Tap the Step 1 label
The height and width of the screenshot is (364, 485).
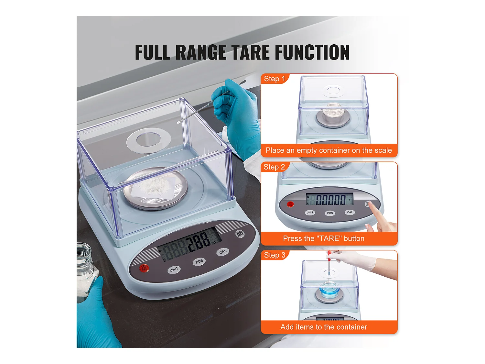274,79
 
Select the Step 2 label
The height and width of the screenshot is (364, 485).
274,167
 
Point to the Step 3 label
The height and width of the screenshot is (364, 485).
275,255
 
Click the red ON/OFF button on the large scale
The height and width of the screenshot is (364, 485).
144,268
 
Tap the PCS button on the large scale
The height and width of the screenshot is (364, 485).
199,261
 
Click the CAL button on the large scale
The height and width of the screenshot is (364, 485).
222,252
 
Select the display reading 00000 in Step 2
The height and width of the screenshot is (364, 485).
330,200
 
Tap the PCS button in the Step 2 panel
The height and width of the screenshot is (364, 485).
330,213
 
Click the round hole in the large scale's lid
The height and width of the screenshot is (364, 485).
148,140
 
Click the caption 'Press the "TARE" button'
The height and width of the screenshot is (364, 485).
324,238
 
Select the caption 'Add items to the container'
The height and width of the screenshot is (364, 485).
324,327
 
